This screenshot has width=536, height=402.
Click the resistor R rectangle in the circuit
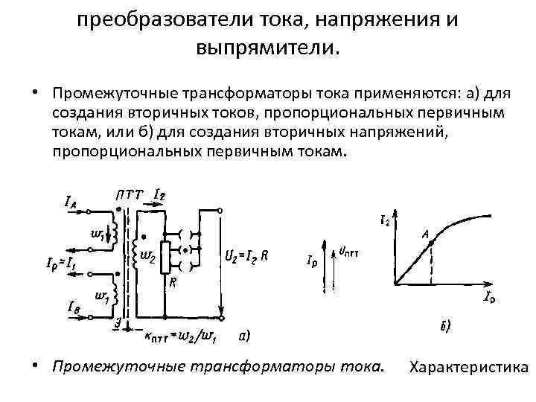click(167, 257)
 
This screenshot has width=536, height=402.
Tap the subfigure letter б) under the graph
click(444, 325)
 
